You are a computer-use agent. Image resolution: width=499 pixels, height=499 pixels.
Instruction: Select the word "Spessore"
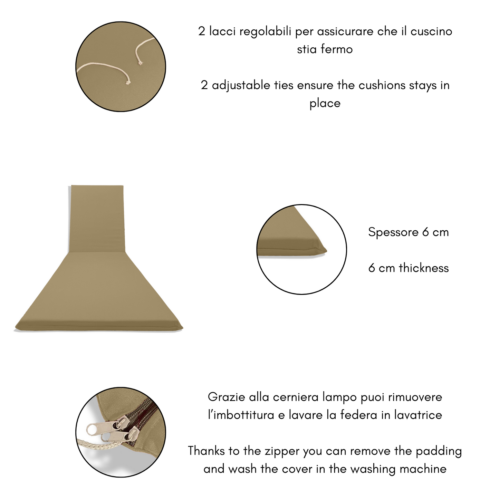[393, 232]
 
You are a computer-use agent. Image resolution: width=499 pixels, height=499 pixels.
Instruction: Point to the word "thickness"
[424, 268]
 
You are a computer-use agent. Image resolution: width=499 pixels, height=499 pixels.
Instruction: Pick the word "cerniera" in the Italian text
[296, 397]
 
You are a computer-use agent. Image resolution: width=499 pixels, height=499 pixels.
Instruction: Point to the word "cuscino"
[431, 31]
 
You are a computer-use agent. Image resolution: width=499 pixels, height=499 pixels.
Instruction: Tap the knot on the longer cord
[128, 83]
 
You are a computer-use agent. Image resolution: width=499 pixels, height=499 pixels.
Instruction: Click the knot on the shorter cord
[140, 63]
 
